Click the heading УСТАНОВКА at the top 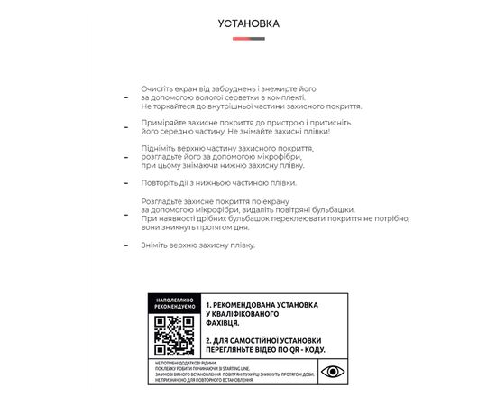coord(248,23)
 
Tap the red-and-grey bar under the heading coord(248,39)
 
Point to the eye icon coord(332,371)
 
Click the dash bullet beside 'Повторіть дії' coord(126,183)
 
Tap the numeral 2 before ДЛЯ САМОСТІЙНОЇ coord(208,339)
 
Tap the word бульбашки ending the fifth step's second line coord(333,209)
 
